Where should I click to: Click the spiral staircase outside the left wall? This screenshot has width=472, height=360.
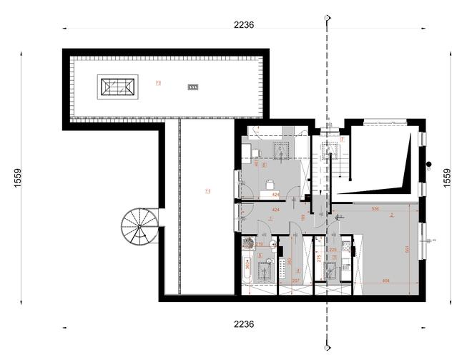(x=138, y=227)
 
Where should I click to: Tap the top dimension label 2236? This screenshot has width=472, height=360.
(x=244, y=24)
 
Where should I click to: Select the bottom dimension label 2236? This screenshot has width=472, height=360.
(x=244, y=324)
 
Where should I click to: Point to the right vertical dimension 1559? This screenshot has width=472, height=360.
(x=448, y=178)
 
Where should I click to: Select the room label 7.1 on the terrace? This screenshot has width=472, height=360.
(x=208, y=191)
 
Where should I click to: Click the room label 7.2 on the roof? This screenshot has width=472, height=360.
(x=158, y=84)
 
